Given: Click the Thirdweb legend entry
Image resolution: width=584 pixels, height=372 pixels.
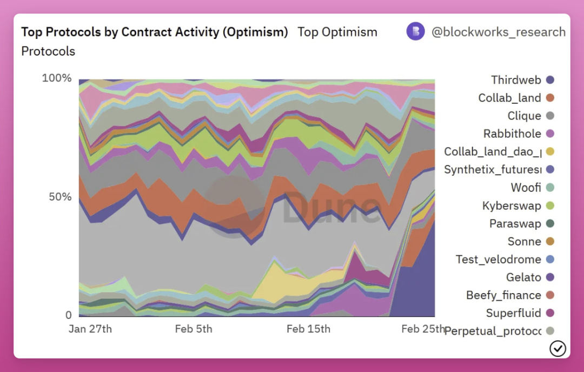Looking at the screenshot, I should click(x=516, y=80).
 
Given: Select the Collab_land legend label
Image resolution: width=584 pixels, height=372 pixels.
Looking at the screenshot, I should click(x=509, y=98).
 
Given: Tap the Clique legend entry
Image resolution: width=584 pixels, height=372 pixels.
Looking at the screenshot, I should click(x=524, y=116).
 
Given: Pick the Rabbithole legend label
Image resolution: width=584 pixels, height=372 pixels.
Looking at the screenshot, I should click(x=512, y=134).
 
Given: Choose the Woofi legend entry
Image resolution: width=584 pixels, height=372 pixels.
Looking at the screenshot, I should click(x=526, y=188).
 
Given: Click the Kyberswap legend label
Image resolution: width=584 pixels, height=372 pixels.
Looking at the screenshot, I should click(x=512, y=205).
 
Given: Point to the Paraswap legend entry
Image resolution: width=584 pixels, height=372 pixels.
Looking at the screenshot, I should click(x=515, y=223).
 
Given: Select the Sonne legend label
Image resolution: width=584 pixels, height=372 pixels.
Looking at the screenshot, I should click(x=524, y=241).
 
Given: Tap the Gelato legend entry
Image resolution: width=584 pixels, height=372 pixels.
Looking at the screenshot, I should click(x=523, y=277).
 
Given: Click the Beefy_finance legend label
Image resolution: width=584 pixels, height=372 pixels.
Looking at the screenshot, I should click(x=503, y=295).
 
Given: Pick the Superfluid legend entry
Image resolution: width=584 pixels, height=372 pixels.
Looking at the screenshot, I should click(x=513, y=313).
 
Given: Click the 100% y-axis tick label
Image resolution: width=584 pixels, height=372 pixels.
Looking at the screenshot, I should click(x=57, y=78).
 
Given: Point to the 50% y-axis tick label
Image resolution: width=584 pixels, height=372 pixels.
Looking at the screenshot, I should click(x=60, y=196).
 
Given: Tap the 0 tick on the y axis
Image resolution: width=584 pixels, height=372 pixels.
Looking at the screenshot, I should click(x=69, y=315).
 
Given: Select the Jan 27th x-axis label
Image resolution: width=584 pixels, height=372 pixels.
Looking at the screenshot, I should click(x=90, y=329).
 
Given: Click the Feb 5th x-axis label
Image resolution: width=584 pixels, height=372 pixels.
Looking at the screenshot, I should click(x=194, y=329).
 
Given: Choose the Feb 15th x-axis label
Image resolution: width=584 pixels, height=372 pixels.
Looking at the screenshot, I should click(x=308, y=329).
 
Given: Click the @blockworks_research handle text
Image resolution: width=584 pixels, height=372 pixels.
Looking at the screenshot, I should click(x=498, y=32).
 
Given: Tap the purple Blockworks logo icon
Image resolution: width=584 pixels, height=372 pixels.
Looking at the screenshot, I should click(x=415, y=31).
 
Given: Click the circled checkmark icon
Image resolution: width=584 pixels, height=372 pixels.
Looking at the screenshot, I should click(x=558, y=349).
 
